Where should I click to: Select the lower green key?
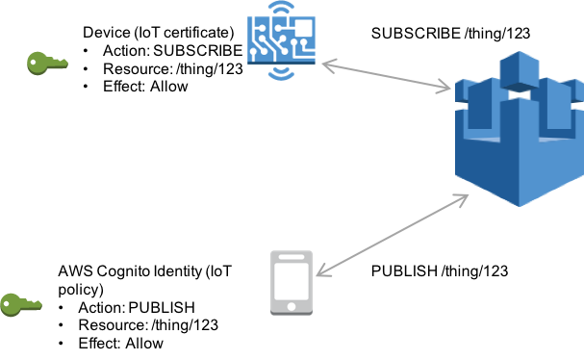tap(20, 305)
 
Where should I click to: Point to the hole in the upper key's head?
tap(35, 64)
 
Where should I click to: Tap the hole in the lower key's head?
tap(9, 305)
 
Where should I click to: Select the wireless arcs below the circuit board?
tap(282, 71)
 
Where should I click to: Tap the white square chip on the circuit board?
tap(302, 28)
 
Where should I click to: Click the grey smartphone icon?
tap(292, 282)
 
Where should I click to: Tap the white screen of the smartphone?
tap(292, 280)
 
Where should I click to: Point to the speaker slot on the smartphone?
tap(292, 257)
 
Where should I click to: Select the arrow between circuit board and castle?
tap(386, 77)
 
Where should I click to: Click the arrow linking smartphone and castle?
tap(393, 235)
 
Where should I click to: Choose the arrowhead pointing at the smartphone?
tap(320, 273)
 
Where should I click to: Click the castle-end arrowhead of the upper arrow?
tap(446, 90)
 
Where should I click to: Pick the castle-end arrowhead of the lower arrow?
tap(465, 197)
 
